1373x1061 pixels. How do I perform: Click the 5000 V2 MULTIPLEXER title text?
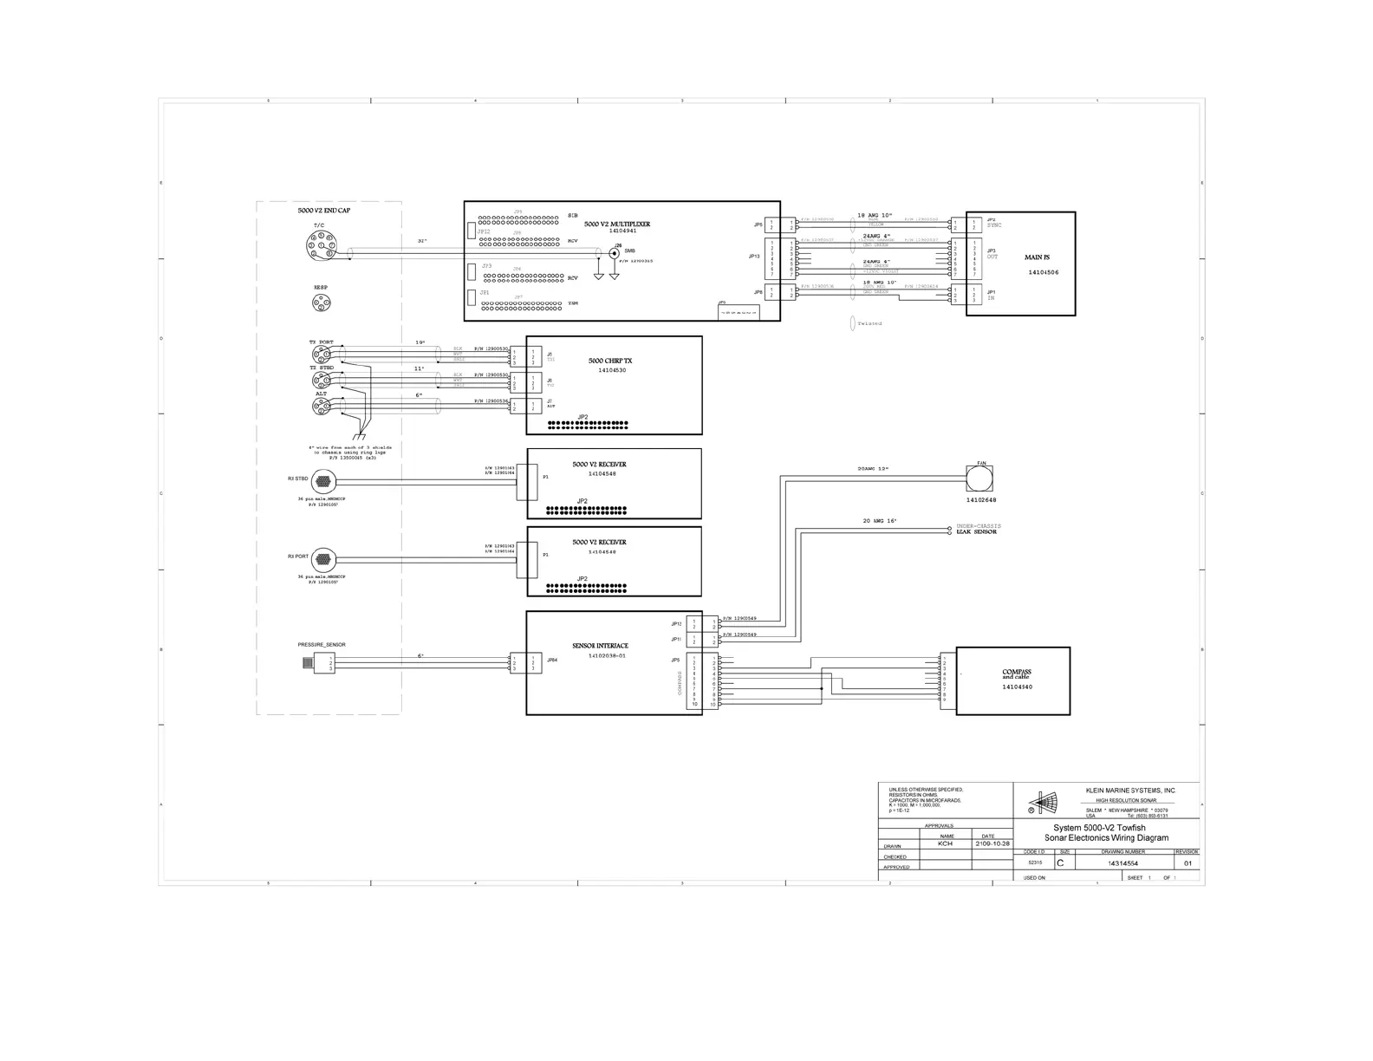coord(616,224)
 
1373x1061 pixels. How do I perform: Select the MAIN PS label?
coord(1037,257)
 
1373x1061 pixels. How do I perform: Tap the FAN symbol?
coord(979,478)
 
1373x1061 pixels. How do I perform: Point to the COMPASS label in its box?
coord(1016,672)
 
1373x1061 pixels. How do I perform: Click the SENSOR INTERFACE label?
coord(600,646)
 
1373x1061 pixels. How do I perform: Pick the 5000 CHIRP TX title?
coord(610,361)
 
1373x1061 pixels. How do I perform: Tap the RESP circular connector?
coord(321,303)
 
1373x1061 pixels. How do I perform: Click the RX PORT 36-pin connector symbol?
coord(322,559)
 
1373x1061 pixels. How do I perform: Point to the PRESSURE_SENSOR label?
coord(322,645)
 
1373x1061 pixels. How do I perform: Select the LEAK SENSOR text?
coord(976,532)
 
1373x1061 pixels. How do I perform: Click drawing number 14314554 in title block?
coord(1122,863)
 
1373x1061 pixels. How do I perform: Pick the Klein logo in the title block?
coord(1042,802)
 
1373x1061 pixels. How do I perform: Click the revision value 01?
coord(1188,863)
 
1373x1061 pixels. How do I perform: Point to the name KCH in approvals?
coord(946,843)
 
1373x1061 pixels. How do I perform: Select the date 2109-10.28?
coord(992,843)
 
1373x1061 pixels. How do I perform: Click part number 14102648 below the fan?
coord(981,500)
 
